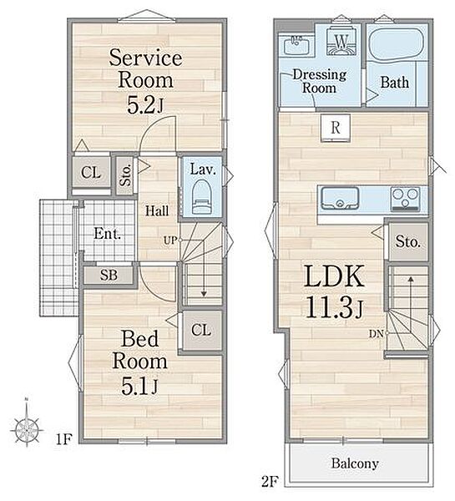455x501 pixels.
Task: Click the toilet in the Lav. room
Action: [202, 196]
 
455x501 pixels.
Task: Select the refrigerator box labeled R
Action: [336, 128]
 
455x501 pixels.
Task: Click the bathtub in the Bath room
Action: [396, 44]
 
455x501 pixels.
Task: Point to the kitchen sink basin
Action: [340, 198]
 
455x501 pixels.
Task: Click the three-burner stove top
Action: [406, 199]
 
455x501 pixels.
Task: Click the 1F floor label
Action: [64, 440]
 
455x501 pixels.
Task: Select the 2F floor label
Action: [270, 482]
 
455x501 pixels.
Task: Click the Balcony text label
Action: [355, 463]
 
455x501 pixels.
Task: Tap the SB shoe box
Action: [109, 275]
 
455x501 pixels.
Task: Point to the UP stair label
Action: [170, 240]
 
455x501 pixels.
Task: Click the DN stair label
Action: [376, 334]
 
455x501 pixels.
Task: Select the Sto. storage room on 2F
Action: [408, 242]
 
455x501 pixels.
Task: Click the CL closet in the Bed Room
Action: [201, 330]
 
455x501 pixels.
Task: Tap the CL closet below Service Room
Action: [91, 173]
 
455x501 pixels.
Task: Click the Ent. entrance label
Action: [108, 234]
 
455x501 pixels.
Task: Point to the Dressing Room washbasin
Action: [297, 45]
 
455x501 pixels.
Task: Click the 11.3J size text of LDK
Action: [335, 307]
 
